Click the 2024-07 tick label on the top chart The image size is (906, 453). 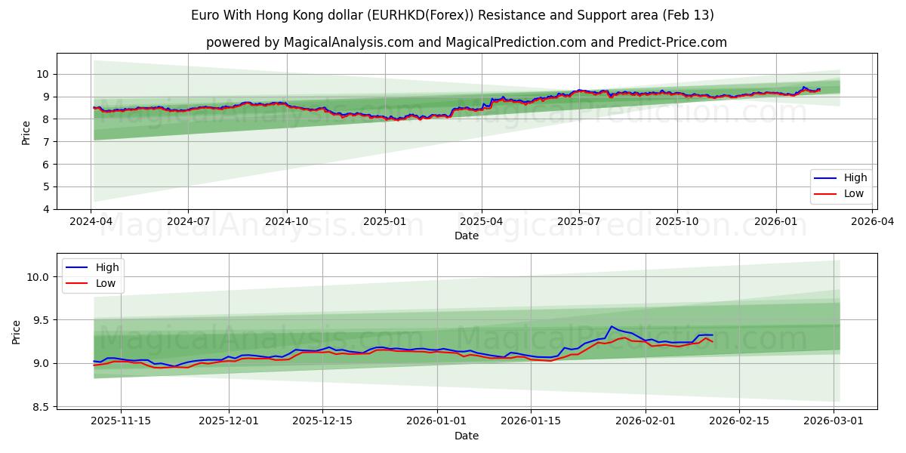[187, 222]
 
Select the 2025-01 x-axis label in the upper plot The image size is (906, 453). [385, 222]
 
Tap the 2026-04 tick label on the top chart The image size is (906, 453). [873, 222]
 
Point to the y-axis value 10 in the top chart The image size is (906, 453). [42, 74]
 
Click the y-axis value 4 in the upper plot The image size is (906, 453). [46, 209]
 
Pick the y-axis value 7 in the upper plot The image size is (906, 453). [46, 142]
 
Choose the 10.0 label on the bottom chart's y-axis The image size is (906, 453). [35, 277]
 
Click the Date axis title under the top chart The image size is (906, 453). [467, 236]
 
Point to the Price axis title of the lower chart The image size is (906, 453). [17, 332]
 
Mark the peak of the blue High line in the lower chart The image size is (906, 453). [612, 326]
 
